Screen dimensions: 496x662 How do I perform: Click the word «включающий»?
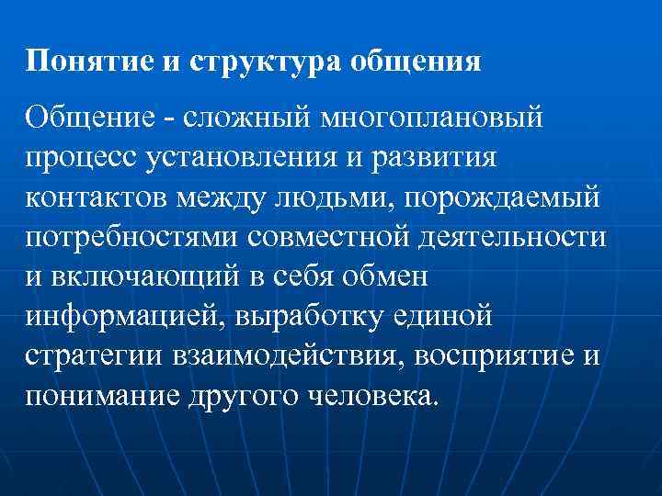148,276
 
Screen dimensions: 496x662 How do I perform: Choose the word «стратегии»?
95,355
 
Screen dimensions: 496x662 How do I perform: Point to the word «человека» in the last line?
367,395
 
